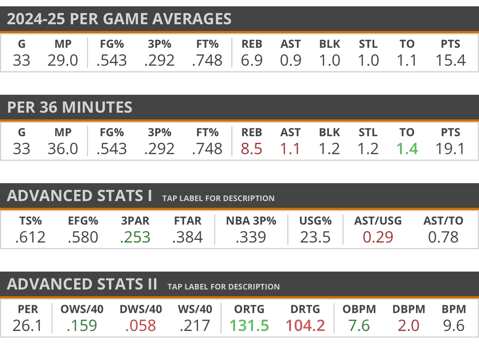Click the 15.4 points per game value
click(450, 60)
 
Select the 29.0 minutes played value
click(63, 60)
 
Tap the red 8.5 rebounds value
click(252, 149)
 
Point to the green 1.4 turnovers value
click(406, 149)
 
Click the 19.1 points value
click(450, 149)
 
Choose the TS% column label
click(30, 221)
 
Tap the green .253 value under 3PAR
click(135, 237)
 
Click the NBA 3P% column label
click(251, 221)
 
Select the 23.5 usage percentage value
click(315, 237)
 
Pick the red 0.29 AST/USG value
click(378, 237)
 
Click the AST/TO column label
click(443, 221)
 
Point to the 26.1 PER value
click(28, 325)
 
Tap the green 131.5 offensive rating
click(249, 325)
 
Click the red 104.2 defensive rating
click(305, 325)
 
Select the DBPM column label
click(408, 309)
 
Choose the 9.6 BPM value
click(453, 325)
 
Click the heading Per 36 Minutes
click(70, 107)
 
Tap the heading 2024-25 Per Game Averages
click(119, 19)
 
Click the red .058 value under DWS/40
click(141, 325)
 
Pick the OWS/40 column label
click(82, 309)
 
